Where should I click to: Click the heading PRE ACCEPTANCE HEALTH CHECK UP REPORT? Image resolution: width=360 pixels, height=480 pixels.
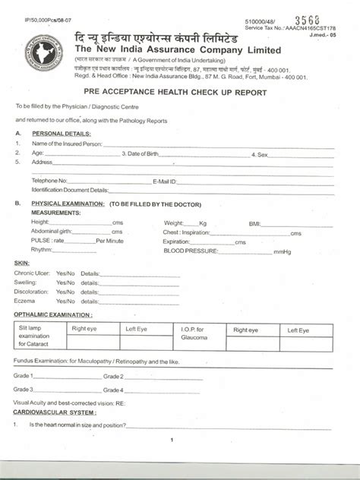[x=181, y=93]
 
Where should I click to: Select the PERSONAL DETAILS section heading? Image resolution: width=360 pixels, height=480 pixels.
[x=62, y=133]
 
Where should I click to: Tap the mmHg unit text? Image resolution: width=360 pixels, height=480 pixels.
[x=282, y=250]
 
